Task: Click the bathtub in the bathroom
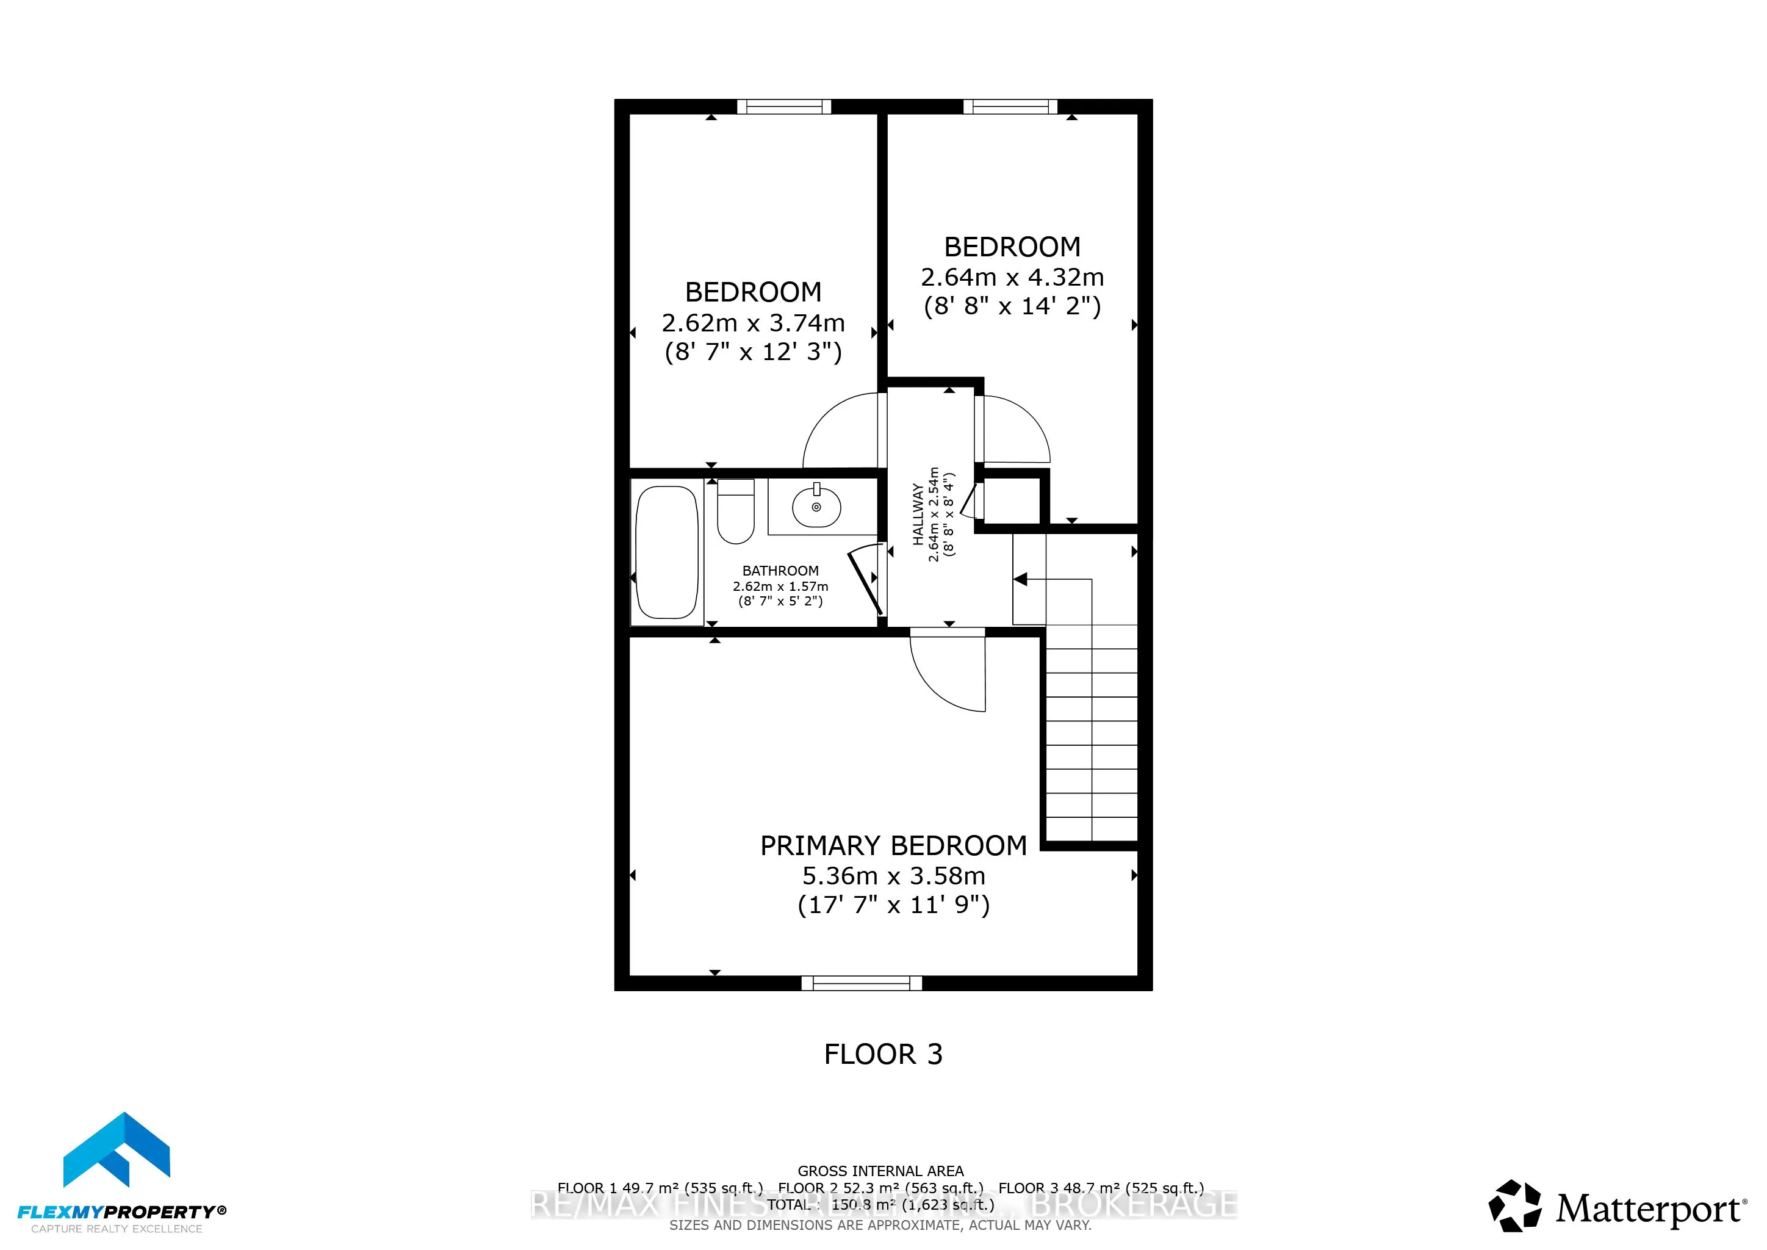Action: (x=668, y=552)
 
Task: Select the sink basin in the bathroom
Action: (x=816, y=507)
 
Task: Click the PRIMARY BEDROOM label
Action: (x=893, y=846)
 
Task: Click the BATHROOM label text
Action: (x=780, y=570)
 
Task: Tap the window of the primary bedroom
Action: (x=861, y=983)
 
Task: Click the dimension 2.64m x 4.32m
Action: (x=1012, y=277)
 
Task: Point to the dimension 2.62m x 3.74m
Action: (x=753, y=322)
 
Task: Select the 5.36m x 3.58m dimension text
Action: (x=893, y=876)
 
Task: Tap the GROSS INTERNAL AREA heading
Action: (x=880, y=1171)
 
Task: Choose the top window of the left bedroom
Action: (x=783, y=107)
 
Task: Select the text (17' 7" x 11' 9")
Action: (x=893, y=905)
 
